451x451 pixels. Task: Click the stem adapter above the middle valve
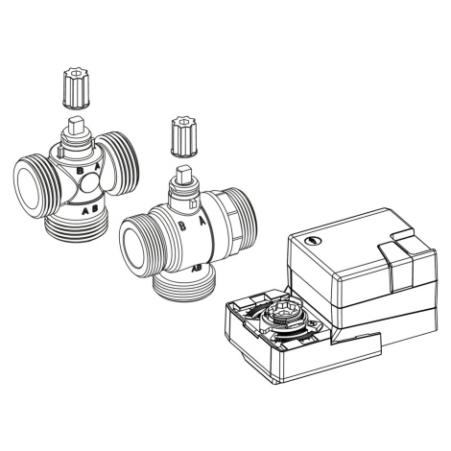pyautogui.click(x=184, y=137)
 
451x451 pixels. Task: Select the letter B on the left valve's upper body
pyautogui.click(x=80, y=171)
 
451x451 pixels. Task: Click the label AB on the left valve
pyautogui.click(x=90, y=210)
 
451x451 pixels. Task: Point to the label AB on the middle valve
pyautogui.click(x=196, y=268)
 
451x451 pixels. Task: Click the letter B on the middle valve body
pyautogui.click(x=182, y=225)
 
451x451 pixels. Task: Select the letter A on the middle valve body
pyautogui.click(x=202, y=222)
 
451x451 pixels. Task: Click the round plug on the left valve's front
pyautogui.click(x=89, y=184)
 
